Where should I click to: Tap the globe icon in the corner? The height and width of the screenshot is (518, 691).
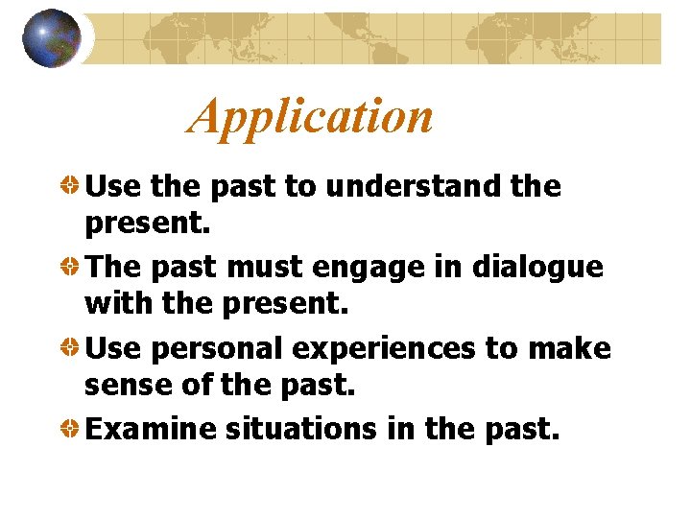point(51,37)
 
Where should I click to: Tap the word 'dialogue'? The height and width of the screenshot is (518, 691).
point(537,267)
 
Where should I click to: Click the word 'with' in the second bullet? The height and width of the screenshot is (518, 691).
point(112,307)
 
